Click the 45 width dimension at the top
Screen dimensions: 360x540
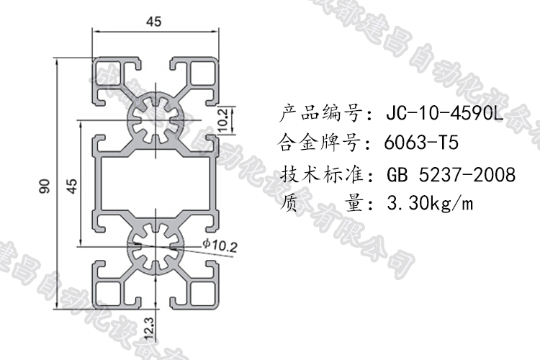pyautogui.click(x=153, y=22)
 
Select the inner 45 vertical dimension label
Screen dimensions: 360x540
pyautogui.click(x=71, y=186)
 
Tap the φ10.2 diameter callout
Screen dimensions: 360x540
pyautogui.click(x=220, y=246)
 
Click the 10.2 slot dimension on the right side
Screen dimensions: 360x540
pyautogui.click(x=222, y=117)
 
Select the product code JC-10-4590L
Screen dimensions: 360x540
pyautogui.click(x=445, y=113)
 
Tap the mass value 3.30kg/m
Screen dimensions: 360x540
pyautogui.click(x=431, y=204)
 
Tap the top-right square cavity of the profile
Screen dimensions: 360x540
pyautogui.click(x=200, y=75)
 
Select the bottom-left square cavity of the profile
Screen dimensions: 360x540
pyautogui.click(x=109, y=291)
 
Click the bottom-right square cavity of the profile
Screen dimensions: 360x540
pyautogui.click(x=200, y=291)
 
